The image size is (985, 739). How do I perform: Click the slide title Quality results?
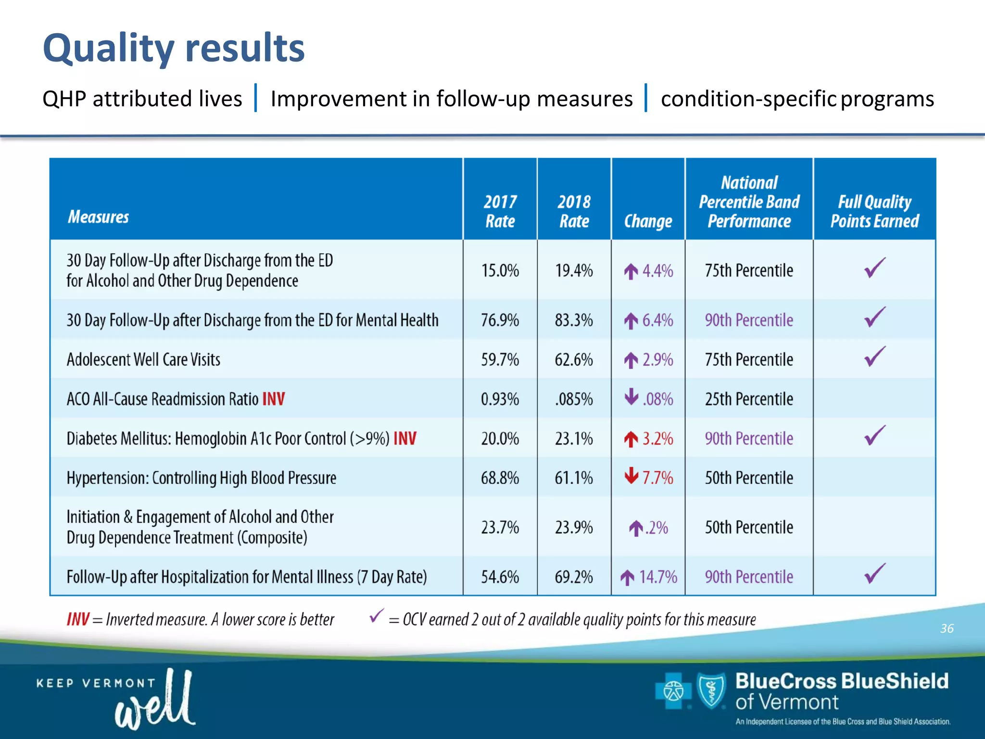coord(174,48)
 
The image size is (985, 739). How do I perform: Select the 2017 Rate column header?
coord(500,211)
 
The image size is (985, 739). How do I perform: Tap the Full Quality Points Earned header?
coord(874,211)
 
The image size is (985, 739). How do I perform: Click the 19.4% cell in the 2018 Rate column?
coord(574,270)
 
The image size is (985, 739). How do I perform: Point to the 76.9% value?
coord(500,320)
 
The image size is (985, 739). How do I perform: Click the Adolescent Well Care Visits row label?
coord(143,359)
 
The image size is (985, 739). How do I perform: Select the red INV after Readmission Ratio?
coord(273,399)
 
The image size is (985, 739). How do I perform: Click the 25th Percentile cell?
coord(748,399)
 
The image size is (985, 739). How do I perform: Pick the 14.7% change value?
coord(657,576)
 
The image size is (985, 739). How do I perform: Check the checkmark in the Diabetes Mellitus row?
coord(874,435)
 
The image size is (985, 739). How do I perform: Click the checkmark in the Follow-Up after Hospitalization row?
coord(874,573)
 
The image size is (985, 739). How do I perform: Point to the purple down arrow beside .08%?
coord(631,397)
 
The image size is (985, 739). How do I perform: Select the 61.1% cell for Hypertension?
coord(574,478)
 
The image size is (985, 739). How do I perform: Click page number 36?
coord(947,628)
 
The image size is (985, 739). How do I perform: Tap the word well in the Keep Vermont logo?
coord(155,700)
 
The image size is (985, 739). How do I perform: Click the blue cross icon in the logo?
coord(673,691)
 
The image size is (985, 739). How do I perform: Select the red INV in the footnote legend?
coord(78,619)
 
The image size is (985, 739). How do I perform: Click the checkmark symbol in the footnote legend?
coord(376,615)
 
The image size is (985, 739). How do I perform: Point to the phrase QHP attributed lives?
coord(142,99)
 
